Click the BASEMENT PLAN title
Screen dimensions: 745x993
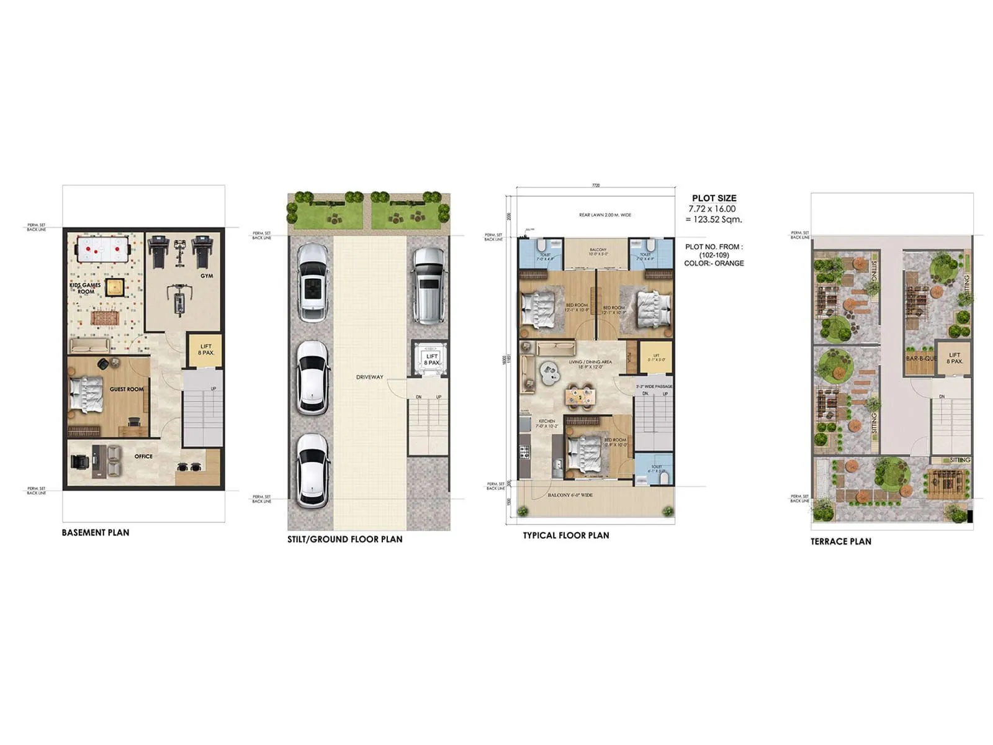pos(96,533)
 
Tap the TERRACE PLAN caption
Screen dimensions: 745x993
pos(840,541)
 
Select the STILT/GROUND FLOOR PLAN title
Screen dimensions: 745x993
pos(344,540)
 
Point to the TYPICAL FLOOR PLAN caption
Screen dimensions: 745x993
pos(565,535)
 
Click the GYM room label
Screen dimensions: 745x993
pos(207,276)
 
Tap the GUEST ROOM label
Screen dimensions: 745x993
pos(127,389)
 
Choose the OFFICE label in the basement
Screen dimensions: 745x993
pos(143,456)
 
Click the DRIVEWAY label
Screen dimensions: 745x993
pos(369,377)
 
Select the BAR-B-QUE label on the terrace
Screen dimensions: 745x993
pos(921,359)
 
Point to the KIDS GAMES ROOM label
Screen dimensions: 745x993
pos(85,288)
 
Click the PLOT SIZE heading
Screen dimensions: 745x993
pos(714,198)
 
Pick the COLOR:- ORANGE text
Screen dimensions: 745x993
pos(714,263)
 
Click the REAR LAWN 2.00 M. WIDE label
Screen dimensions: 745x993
pos(604,215)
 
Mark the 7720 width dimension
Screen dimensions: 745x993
pos(596,185)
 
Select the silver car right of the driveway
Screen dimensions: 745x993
pos(428,286)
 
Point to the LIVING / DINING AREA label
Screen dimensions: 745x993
pos(590,362)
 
